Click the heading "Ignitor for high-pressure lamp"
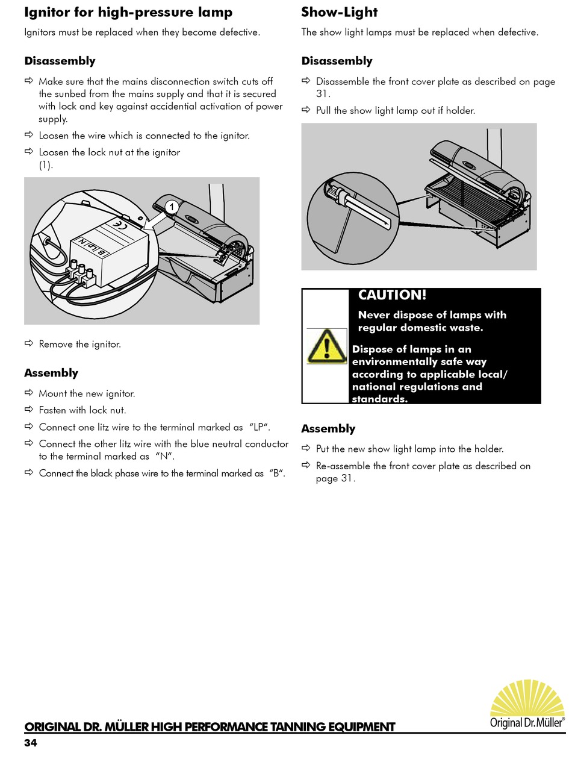coord(128,13)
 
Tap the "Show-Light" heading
coord(340,13)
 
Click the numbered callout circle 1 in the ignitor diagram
coord(172,207)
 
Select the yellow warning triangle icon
coord(327,346)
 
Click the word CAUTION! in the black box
coord(392,295)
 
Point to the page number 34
coord(31,743)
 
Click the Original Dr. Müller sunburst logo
coord(527,705)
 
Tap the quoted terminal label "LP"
coord(260,427)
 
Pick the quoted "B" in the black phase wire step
coord(277,473)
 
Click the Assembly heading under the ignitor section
coord(51,373)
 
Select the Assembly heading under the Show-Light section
coord(328,428)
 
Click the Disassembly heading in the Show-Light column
coord(337,61)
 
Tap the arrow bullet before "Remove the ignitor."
coord(29,344)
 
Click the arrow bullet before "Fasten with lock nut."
coord(29,410)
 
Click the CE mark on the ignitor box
coord(120,226)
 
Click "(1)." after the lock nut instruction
coord(46,164)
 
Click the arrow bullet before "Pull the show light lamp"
coord(306,110)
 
